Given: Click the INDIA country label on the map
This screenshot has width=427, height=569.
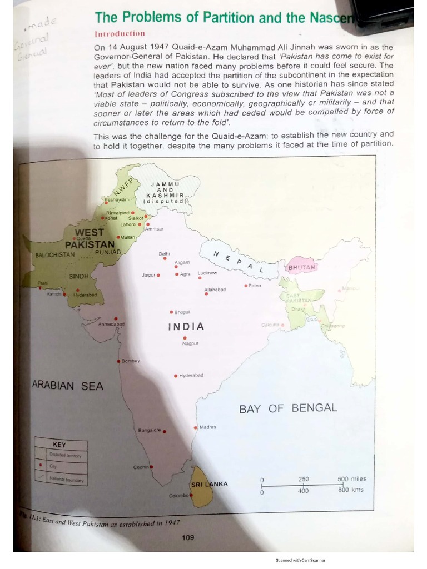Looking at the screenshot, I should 186,327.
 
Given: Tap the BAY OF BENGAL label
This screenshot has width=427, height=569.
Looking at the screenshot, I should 288,408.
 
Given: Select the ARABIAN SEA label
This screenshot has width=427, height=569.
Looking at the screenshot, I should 67,385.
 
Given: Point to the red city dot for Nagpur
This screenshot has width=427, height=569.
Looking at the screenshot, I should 185,337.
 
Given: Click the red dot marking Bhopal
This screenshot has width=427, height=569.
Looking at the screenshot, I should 171,312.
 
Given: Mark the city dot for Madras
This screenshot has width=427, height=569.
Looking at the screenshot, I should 195,427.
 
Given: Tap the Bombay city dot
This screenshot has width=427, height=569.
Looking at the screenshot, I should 118,361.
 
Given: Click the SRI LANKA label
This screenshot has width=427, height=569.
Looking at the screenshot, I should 209,484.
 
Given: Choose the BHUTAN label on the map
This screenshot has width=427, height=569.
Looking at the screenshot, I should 301,268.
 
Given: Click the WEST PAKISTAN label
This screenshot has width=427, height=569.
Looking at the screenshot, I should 90,238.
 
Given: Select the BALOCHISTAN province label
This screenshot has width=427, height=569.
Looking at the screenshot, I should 54,255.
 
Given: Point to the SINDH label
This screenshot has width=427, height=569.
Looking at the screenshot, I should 79,276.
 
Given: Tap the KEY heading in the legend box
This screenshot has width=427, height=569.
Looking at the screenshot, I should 59,445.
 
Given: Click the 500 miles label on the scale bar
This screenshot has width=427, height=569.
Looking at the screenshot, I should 351,479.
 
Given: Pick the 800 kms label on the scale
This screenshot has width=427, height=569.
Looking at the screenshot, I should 350,490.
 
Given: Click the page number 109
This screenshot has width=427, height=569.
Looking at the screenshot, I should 188,537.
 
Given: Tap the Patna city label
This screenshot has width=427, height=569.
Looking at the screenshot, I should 255,286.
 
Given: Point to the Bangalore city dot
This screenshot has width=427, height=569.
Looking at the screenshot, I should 165,431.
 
